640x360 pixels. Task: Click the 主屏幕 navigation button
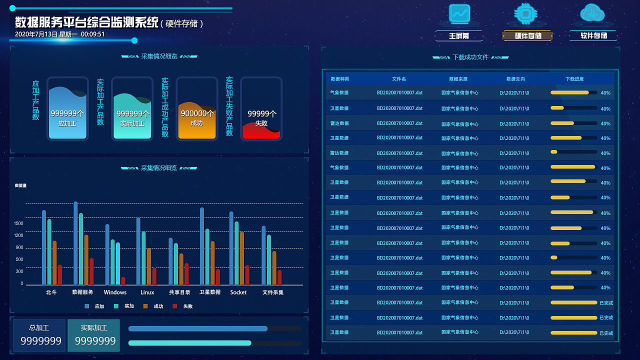click(458, 36)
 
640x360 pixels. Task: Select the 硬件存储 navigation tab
click(528, 36)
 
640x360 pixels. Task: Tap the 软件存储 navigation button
click(593, 36)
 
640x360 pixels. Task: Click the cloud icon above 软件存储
click(592, 13)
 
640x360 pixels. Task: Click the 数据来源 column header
click(458, 79)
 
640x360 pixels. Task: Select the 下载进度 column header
click(574, 79)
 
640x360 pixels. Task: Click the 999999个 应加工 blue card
click(67, 109)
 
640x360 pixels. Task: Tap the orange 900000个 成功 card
click(197, 109)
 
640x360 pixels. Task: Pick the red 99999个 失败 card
click(261, 109)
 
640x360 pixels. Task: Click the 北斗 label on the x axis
click(51, 292)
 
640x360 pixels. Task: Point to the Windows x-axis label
click(115, 292)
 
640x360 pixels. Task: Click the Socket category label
click(238, 292)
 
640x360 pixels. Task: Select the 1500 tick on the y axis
click(18, 223)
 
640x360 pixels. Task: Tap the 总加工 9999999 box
click(39, 335)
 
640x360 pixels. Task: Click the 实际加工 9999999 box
click(94, 335)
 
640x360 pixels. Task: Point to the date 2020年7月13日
click(36, 34)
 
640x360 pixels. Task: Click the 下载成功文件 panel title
click(470, 57)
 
